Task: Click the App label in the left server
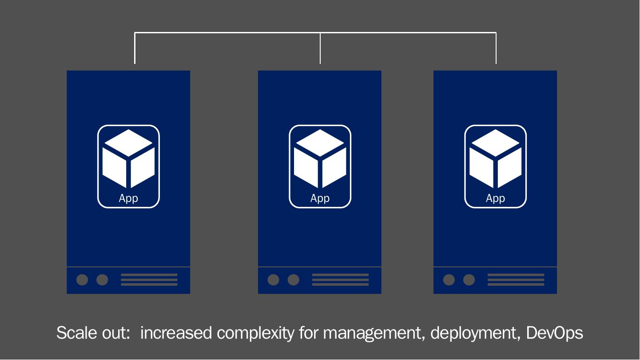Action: click(128, 198)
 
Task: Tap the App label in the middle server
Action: click(320, 198)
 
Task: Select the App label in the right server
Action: click(495, 198)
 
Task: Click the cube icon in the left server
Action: click(128, 158)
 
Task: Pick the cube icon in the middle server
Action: click(320, 158)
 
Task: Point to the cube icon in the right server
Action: click(495, 158)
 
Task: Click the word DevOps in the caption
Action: click(554, 332)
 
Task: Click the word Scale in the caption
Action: click(74, 332)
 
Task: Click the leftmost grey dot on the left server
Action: click(82, 280)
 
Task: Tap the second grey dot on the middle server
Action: click(294, 280)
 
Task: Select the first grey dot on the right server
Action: click(449, 280)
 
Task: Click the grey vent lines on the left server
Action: click(149, 280)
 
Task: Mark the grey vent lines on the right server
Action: click(516, 280)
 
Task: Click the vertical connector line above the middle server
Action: click(320, 48)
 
